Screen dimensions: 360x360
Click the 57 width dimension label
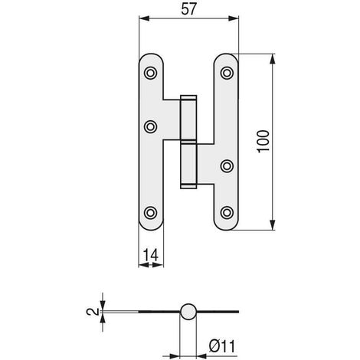189,9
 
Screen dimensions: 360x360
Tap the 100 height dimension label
263,142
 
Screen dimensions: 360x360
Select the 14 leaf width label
150,255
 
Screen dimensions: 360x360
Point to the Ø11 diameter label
222,346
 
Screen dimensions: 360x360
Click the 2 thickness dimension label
93,312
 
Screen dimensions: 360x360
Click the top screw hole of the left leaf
150,73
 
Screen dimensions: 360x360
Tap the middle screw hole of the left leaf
150,126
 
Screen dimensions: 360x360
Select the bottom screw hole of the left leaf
150,213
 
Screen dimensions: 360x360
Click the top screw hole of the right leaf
227,73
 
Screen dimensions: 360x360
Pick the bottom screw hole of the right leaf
227,213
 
